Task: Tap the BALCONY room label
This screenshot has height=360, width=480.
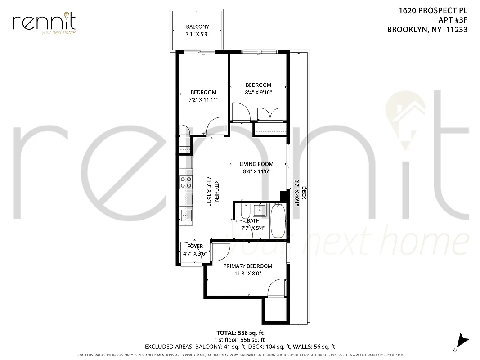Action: tap(197, 27)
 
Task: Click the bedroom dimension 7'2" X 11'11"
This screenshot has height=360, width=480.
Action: tap(203, 99)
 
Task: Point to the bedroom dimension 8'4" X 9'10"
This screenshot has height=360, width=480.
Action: tap(258, 92)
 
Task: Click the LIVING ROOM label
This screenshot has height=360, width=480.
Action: tap(256, 164)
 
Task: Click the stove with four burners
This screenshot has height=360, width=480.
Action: tap(186, 182)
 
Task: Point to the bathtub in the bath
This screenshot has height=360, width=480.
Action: tap(278, 221)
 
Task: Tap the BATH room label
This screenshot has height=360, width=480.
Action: tap(253, 221)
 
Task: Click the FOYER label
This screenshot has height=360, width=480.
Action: tap(195, 247)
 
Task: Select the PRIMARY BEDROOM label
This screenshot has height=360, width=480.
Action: tap(247, 266)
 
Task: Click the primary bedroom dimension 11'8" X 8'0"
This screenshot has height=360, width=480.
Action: tap(247, 273)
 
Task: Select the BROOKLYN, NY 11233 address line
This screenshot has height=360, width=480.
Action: tap(427, 30)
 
